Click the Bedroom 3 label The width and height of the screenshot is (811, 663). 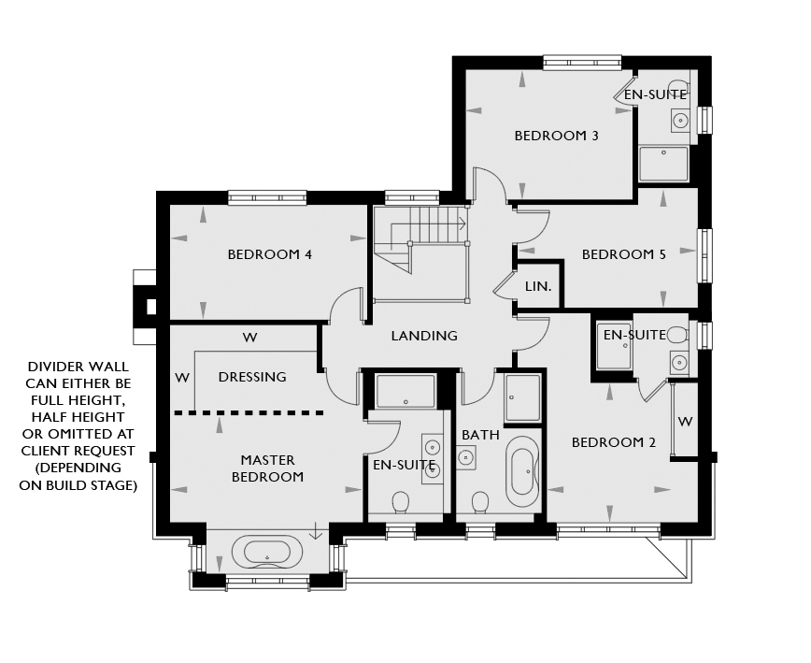tap(556, 136)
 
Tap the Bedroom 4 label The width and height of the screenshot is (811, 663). tap(269, 254)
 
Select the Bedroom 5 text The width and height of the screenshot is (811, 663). tap(624, 254)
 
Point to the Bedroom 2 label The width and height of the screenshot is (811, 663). tap(614, 442)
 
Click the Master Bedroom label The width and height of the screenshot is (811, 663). tap(267, 468)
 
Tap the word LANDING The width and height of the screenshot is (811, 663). tap(424, 336)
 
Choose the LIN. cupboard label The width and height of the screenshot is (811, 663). tap(538, 286)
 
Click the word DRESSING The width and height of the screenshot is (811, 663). tap(252, 377)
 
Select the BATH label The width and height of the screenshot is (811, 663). tap(480, 435)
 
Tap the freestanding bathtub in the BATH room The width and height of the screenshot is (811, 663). tap(522, 471)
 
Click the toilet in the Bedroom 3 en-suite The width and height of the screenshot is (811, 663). tap(680, 86)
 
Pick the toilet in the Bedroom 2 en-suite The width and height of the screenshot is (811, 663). tap(677, 336)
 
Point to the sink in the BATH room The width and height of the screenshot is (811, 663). tap(466, 457)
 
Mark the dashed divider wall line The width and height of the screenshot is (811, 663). tap(249, 413)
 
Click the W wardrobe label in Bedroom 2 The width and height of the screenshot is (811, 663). tap(685, 422)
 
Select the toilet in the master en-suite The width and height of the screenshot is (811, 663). tap(400, 502)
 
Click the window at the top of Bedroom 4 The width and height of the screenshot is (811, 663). tap(267, 197)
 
